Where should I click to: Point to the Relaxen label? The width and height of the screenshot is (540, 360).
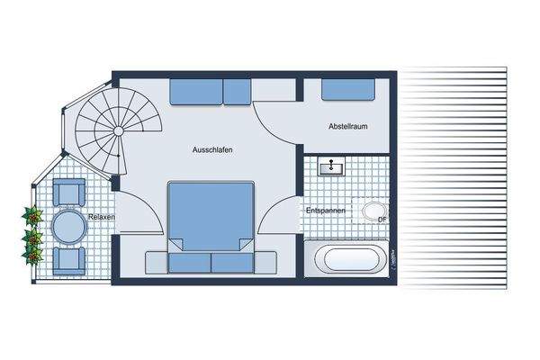pyautogui.click(x=102, y=217)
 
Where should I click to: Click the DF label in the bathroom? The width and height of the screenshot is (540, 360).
pyautogui.click(x=382, y=219)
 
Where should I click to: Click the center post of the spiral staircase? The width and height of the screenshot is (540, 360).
pyautogui.click(x=117, y=130)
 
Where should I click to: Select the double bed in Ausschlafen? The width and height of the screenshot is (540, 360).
pyautogui.click(x=211, y=216)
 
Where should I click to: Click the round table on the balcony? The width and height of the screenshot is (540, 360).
pyautogui.click(x=67, y=226)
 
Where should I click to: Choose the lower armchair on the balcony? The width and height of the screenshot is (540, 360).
pyautogui.click(x=68, y=260)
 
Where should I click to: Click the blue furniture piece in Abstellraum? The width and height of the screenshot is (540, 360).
pyautogui.click(x=349, y=90)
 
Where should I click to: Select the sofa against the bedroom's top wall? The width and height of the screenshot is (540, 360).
pyautogui.click(x=211, y=91)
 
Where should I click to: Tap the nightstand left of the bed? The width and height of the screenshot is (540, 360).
pyautogui.click(x=157, y=261)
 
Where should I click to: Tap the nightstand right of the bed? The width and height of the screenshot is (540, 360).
pyautogui.click(x=265, y=261)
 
